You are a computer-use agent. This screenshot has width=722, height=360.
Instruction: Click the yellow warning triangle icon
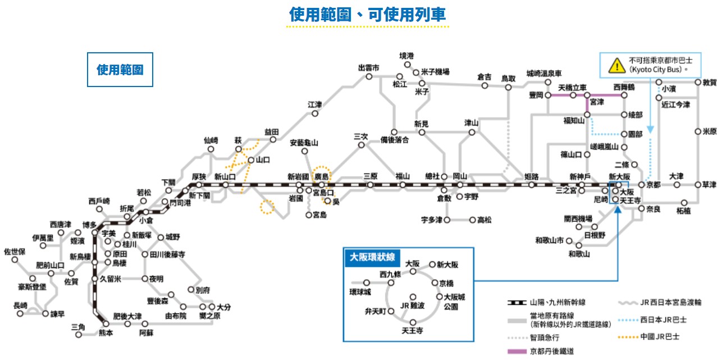618,65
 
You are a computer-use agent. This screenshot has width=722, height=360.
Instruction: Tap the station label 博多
89,225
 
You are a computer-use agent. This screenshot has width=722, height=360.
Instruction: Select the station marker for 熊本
105,323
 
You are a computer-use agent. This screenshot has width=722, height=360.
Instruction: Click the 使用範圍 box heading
120,70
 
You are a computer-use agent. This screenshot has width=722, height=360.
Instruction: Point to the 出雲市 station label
369,68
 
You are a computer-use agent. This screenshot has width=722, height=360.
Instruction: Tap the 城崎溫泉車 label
543,74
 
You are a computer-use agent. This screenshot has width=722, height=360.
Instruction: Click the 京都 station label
654,185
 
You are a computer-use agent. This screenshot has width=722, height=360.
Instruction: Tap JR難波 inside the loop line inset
413,305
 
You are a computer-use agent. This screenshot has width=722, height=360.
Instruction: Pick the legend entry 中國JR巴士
660,338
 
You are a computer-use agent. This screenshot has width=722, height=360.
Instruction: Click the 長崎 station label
20,306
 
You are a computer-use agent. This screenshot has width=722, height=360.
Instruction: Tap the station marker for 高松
473,220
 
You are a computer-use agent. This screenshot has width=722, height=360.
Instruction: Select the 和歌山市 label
549,240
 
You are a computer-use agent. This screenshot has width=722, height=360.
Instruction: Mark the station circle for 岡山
460,185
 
